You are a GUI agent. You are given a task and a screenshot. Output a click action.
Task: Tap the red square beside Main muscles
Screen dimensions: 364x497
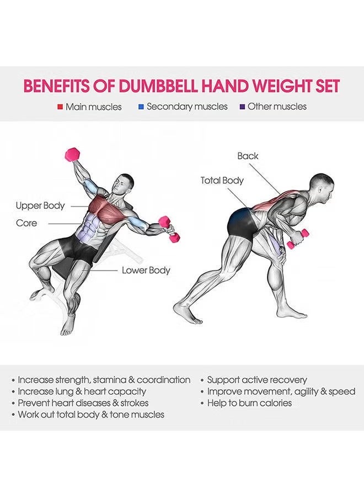point(60,107)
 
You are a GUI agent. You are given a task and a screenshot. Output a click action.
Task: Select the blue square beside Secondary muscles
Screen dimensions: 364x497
point(141,107)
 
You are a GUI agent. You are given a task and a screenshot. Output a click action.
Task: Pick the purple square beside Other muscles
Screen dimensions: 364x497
point(243,107)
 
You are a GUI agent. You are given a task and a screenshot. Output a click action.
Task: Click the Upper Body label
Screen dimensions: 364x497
point(40,206)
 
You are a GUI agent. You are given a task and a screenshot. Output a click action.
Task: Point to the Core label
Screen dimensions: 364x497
point(26,223)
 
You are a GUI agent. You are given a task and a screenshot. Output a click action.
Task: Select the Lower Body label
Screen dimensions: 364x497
point(146,271)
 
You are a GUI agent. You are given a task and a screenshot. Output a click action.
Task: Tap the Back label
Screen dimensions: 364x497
point(248,156)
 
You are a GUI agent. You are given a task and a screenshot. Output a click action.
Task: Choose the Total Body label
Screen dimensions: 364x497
point(222,181)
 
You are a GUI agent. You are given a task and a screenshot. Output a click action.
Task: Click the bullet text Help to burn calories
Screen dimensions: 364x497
point(249,403)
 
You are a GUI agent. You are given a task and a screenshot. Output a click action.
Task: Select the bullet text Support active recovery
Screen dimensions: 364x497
point(257,380)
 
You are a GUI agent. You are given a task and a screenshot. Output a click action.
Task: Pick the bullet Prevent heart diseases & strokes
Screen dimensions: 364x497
point(83,403)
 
